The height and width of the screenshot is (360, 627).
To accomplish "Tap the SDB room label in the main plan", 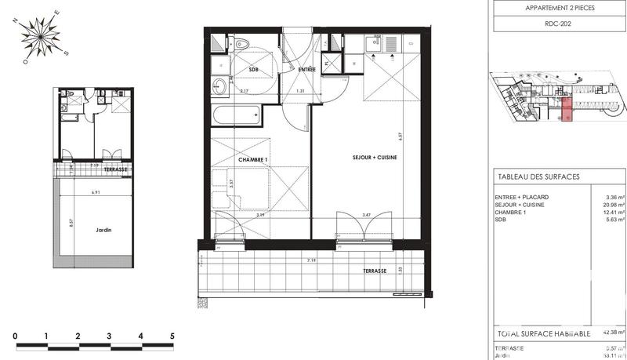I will (x=253, y=70).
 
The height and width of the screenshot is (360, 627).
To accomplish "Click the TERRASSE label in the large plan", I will (x=375, y=271).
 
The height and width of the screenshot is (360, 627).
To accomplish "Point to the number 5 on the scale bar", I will (x=172, y=336).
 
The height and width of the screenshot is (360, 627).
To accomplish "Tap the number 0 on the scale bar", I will (x=16, y=336).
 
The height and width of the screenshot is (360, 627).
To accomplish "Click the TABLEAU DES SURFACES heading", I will (x=538, y=177).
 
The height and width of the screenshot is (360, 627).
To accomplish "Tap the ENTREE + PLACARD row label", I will (x=522, y=198).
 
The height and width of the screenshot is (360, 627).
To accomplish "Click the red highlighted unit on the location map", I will (x=567, y=111).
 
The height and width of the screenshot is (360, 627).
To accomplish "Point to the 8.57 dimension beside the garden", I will (x=71, y=222).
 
